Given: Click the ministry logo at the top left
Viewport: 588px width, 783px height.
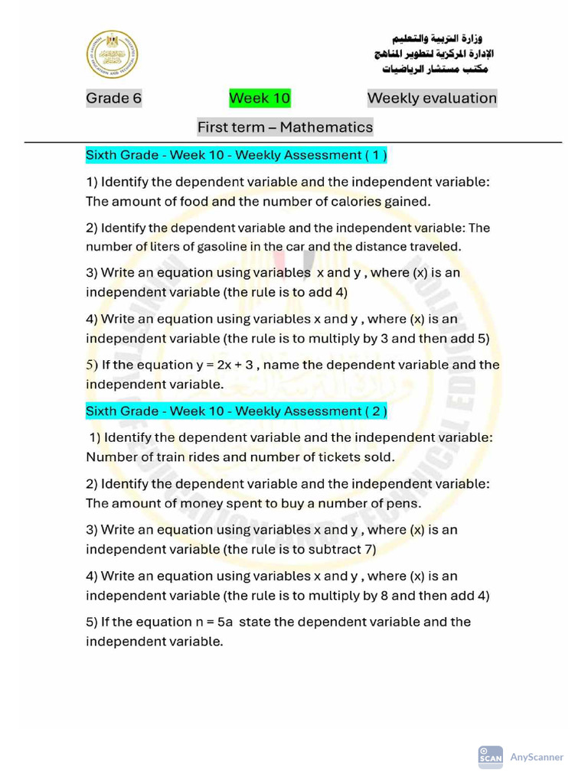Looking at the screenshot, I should pos(113,55).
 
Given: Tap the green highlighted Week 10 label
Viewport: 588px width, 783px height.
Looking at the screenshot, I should pos(260,98).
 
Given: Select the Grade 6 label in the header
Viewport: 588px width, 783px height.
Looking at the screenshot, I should pos(113,98).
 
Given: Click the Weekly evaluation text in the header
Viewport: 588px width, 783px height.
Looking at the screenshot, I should pos(432,98).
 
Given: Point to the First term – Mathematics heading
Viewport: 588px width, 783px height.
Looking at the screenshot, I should pos(285,127).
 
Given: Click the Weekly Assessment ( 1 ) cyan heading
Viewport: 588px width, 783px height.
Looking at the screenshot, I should pos(236,155).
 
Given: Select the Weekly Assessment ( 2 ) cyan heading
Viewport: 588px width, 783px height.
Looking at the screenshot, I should pos(236,411).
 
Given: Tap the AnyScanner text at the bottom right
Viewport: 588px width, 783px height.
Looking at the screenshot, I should pos(537,757).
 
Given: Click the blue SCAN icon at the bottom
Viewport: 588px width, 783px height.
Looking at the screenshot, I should pos(490,757).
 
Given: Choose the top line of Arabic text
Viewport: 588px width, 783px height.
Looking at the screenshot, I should pos(437,38).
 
